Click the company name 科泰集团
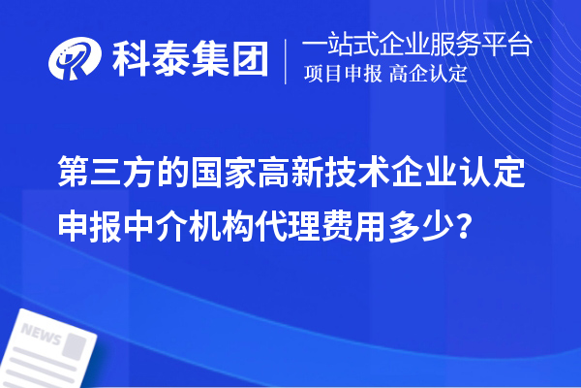coord(189,60)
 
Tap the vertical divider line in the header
coord(287,60)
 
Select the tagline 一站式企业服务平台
coord(416,45)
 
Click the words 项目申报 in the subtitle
coord(345,75)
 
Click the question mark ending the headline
coord(468,224)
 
